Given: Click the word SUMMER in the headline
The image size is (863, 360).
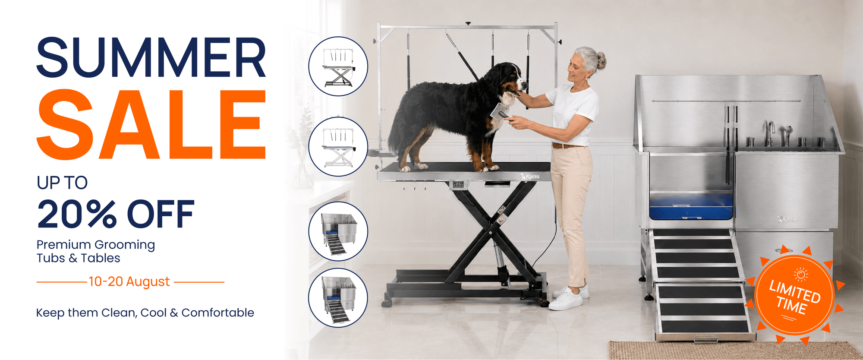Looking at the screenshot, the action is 151,57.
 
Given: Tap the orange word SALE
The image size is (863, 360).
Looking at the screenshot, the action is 151,124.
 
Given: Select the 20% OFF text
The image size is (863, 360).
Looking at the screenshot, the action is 116,214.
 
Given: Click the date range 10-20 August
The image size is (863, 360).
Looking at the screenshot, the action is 129,281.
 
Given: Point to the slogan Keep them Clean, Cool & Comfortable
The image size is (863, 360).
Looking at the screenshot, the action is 145,313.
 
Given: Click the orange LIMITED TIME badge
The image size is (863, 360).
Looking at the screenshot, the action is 794,295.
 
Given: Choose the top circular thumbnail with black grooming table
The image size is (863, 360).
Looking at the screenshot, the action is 338,66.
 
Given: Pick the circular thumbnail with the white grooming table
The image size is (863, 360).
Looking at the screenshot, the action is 338,146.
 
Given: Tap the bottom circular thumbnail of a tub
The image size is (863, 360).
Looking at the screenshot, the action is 338,298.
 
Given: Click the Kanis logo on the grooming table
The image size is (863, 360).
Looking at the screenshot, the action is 530,176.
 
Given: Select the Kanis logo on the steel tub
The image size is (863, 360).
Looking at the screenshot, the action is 787,219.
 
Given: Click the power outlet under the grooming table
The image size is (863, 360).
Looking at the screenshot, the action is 458,185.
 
